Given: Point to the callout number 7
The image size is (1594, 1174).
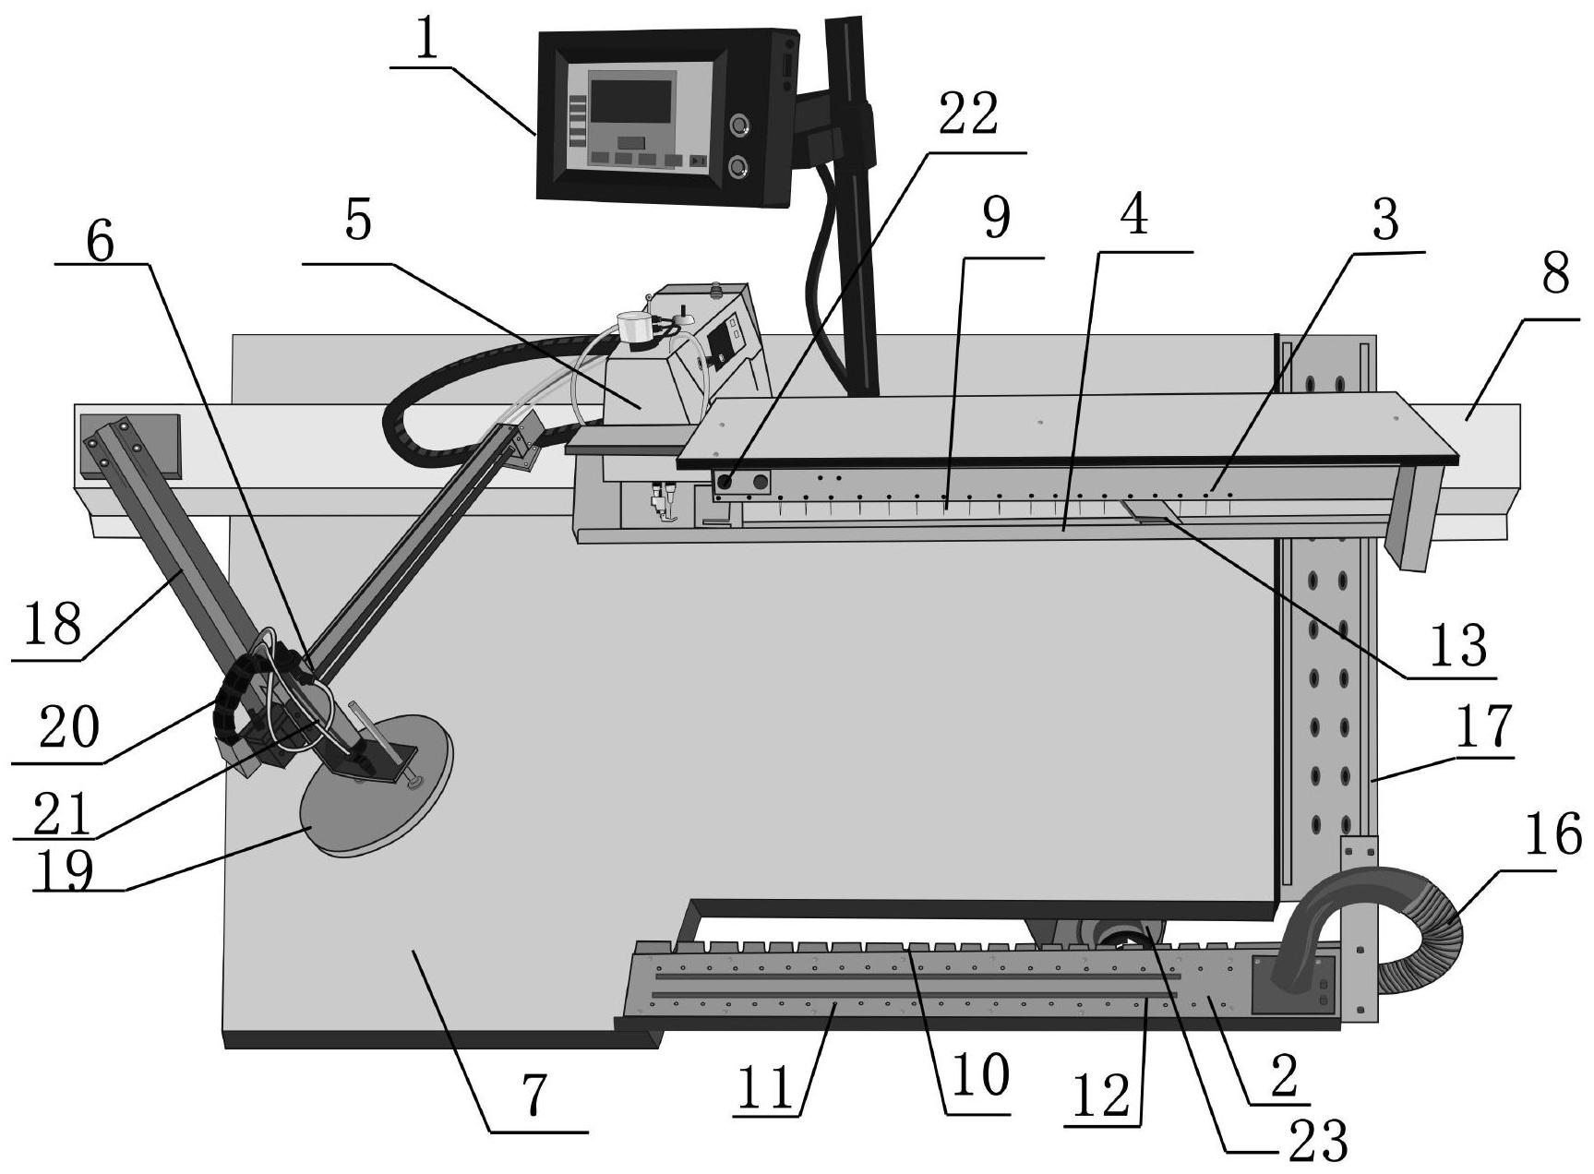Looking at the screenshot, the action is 535,1096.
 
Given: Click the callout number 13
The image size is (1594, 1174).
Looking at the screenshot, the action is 1458,644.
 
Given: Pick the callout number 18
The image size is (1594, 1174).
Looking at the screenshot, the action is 53,625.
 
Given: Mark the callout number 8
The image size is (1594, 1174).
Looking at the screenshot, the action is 1555,273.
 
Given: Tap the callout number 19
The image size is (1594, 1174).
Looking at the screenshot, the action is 63,870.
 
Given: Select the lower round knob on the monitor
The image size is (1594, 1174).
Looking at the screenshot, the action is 738,167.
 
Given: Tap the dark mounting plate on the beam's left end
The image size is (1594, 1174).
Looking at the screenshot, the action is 130,446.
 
